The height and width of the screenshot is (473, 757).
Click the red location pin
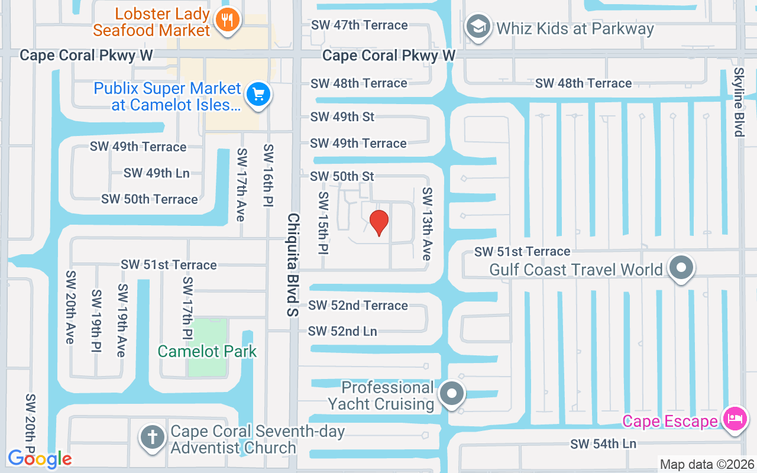click(379, 222)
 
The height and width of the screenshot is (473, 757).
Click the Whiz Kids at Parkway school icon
click(478, 27)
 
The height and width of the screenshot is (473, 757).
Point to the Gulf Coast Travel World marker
click(681, 268)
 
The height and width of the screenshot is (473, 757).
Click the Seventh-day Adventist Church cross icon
click(153, 438)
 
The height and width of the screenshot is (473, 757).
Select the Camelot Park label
click(207, 351)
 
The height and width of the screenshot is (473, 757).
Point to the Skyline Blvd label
click(739, 102)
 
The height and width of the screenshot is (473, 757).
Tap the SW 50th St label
click(342, 176)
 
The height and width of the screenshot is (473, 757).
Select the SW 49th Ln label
click(156, 173)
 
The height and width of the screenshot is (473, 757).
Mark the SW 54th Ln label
click(603, 443)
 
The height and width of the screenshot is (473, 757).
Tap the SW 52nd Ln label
click(342, 331)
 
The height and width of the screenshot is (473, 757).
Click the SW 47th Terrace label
click(360, 25)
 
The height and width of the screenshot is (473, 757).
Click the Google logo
click(40, 458)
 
